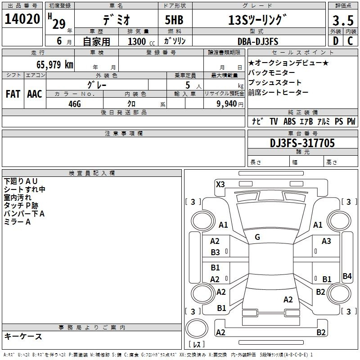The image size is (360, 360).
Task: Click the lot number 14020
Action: point(22,19)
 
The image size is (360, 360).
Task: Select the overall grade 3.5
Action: point(343,20)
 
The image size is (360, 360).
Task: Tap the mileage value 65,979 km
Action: point(55,64)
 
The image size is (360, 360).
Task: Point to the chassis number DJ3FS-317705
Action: point(302,143)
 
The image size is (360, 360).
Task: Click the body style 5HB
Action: point(174,20)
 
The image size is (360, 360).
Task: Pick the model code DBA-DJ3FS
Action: point(258,41)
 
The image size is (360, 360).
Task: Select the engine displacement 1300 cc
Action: point(141,41)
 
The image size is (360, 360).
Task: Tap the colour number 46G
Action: point(75,104)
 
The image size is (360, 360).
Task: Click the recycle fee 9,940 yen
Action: point(230,104)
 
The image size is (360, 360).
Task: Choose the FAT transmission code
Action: point(13,94)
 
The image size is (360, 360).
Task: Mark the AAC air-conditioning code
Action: point(35,94)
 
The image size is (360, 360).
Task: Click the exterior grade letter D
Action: point(336,41)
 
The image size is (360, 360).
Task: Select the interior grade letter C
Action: point(350,41)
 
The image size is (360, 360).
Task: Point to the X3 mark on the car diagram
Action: point(220,184)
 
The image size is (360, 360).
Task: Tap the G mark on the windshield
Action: point(257,237)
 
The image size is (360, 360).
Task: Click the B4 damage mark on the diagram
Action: point(347,276)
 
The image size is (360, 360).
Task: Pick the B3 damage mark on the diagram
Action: point(216,252)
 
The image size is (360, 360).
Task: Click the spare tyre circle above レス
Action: point(197,328)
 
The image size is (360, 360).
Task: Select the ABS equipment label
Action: point(289,121)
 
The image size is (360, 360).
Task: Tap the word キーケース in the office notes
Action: point(23,336)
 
